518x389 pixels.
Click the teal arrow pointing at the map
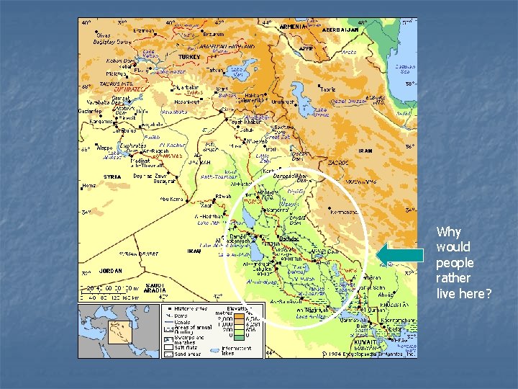point(399,254)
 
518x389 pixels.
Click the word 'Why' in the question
point(449,232)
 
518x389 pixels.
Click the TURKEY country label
point(190,56)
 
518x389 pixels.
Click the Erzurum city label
point(214,32)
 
